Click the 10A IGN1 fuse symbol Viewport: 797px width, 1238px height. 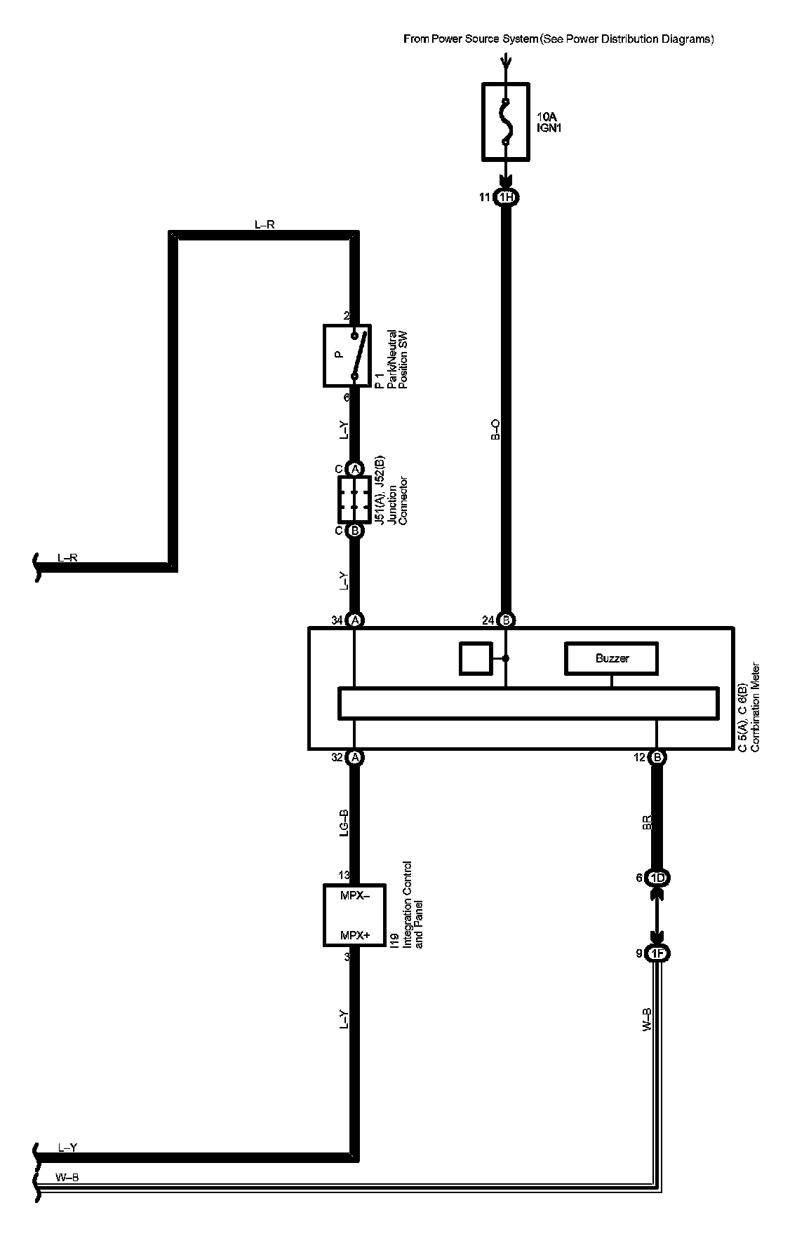pyautogui.click(x=504, y=121)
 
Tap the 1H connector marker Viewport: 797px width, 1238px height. pyautogui.click(x=505, y=198)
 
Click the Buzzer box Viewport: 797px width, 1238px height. pyautogui.click(x=612, y=658)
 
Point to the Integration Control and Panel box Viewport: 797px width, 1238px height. pyautogui.click(x=354, y=915)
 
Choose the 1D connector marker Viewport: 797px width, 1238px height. pyautogui.click(x=657, y=878)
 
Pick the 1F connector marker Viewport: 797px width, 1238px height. pyautogui.click(x=657, y=953)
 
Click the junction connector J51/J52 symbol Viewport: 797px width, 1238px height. pyautogui.click(x=354, y=499)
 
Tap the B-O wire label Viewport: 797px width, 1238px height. pyautogui.click(x=495, y=430)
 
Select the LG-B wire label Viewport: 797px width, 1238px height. pyautogui.click(x=344, y=824)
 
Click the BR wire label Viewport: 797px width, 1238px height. pyautogui.click(x=647, y=824)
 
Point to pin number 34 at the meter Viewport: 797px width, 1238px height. pyautogui.click(x=337, y=620)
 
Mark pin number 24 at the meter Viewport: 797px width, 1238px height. pyautogui.click(x=488, y=620)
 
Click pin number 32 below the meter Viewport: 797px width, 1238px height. pyautogui.click(x=337, y=757)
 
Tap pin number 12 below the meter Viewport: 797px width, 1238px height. pyautogui.click(x=639, y=757)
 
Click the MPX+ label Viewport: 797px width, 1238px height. pyautogui.click(x=354, y=935)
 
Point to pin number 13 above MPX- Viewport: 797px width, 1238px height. pyautogui.click(x=344, y=875)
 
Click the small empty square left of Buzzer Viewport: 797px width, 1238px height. pyautogui.click(x=476, y=658)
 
